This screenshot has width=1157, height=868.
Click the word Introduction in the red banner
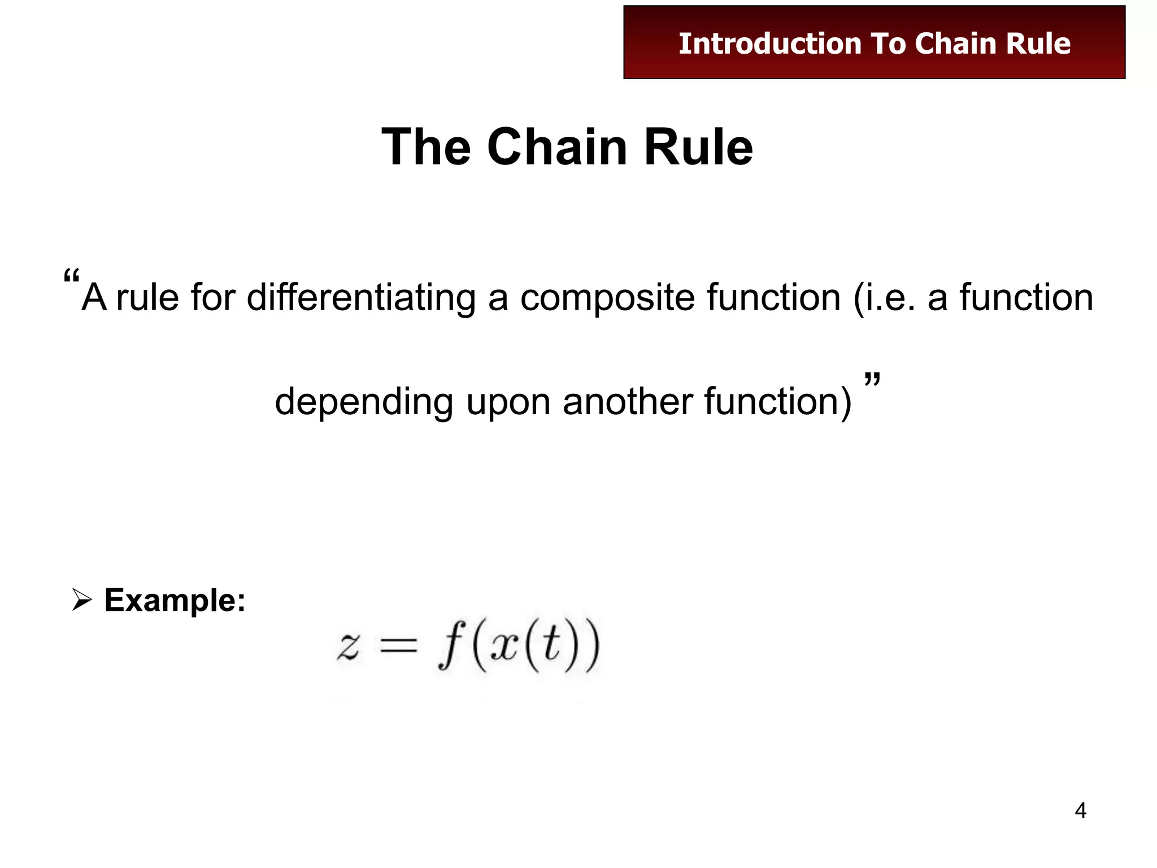(769, 44)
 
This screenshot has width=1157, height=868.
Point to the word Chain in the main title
(557, 147)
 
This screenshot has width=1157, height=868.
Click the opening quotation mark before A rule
(71, 277)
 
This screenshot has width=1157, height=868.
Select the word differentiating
(362, 298)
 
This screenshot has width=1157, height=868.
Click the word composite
(607, 298)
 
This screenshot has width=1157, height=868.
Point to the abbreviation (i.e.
(884, 298)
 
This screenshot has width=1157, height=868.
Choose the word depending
(364, 402)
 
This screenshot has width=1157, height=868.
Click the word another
(627, 402)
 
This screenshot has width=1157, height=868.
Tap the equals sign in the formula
(398, 646)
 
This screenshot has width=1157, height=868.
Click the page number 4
(1080, 811)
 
